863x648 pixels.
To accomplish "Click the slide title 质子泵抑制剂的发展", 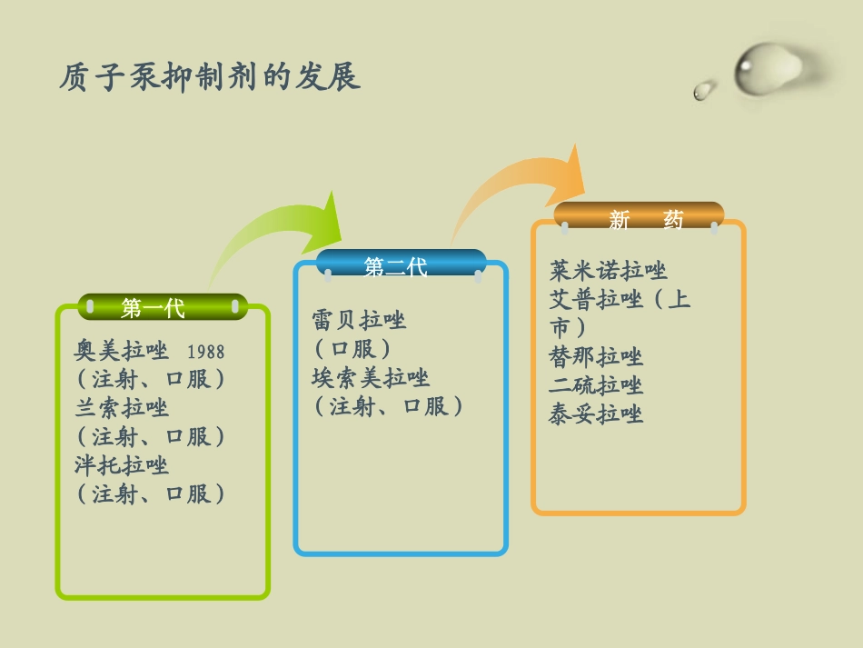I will (x=210, y=77).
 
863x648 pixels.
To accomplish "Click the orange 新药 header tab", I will (x=640, y=217).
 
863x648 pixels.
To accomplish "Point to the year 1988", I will (x=205, y=352).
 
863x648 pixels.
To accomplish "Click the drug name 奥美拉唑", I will (x=122, y=351).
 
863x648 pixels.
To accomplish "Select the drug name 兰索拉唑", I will (x=122, y=407).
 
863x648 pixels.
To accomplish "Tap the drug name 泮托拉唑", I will (x=122, y=465).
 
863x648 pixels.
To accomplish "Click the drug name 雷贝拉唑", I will (x=359, y=320).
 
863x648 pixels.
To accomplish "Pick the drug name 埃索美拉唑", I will (x=371, y=377).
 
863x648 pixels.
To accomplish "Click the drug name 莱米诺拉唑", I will (x=609, y=270).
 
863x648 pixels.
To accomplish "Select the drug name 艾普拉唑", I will (x=596, y=299).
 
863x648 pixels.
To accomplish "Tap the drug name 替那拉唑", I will (x=596, y=356).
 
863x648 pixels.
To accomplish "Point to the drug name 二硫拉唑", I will (x=596, y=385).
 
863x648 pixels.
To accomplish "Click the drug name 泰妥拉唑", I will (x=596, y=414).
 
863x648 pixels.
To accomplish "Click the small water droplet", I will (x=703, y=90).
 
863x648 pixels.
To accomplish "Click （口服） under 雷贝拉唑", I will (x=353, y=348).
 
